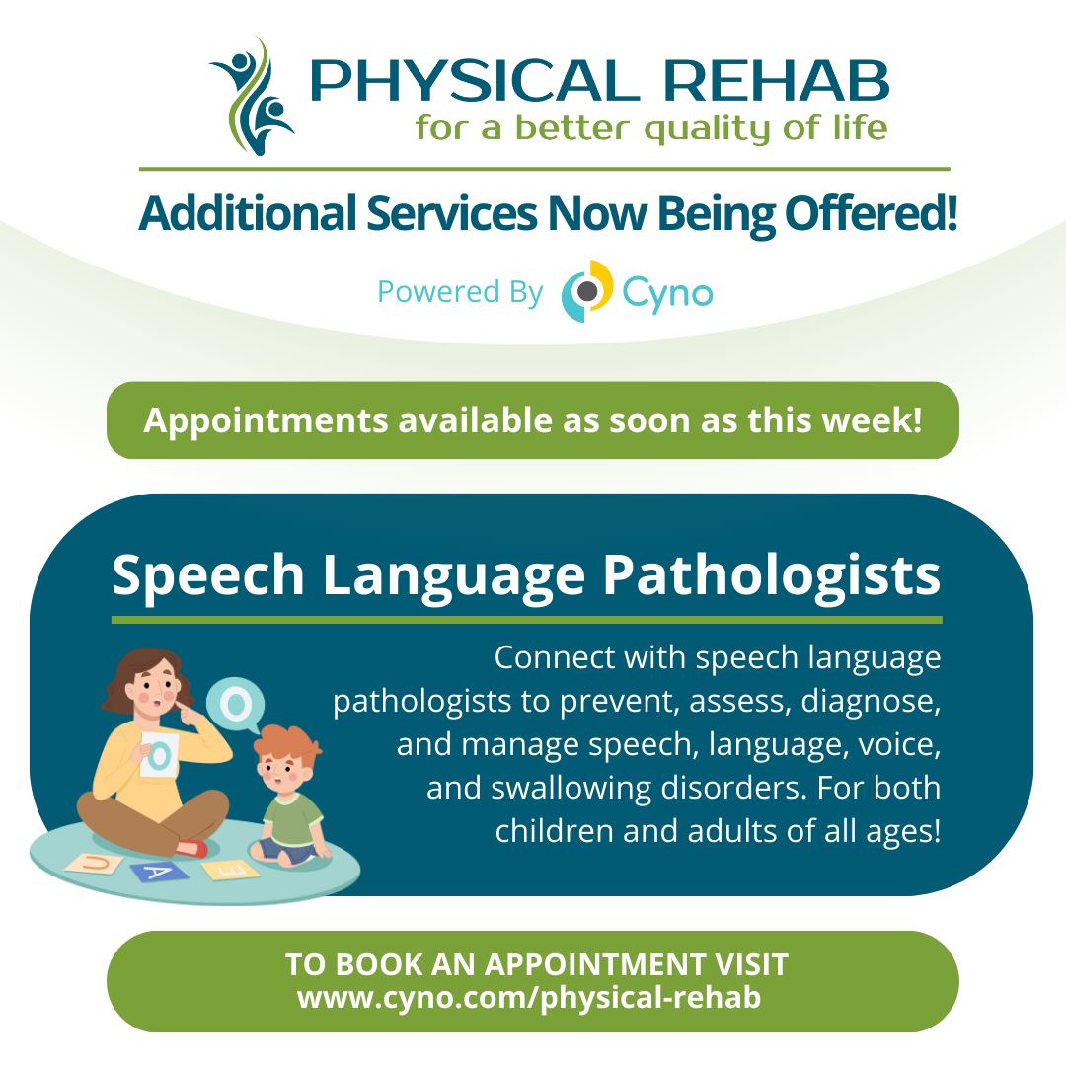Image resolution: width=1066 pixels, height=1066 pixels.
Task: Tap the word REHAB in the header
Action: pyautogui.click(x=776, y=81)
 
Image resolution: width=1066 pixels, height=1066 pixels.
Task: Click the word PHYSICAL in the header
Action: pyautogui.click(x=475, y=81)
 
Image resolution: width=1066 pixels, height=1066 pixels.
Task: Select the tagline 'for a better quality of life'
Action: pyautogui.click(x=650, y=128)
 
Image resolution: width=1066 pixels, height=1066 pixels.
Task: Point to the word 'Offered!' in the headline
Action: pyautogui.click(x=871, y=213)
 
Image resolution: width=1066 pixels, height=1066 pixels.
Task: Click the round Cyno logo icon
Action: pyautogui.click(x=586, y=291)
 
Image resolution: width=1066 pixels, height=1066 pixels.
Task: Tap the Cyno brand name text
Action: pyautogui.click(x=667, y=294)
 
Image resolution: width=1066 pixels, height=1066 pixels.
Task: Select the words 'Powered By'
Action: pyautogui.click(x=460, y=291)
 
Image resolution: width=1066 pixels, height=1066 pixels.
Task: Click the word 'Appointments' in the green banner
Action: pyautogui.click(x=266, y=421)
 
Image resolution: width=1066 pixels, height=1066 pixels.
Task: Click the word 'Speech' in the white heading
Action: pyautogui.click(x=208, y=575)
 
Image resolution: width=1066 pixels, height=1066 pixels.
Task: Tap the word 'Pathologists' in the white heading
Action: pyautogui.click(x=772, y=575)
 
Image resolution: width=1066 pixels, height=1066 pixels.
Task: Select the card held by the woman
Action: pyautogui.click(x=160, y=754)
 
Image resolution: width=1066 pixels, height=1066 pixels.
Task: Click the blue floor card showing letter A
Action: pyautogui.click(x=159, y=871)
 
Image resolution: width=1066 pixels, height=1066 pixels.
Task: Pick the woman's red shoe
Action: pyautogui.click(x=191, y=849)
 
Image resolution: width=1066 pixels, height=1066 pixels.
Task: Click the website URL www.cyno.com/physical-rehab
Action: pyautogui.click(x=529, y=998)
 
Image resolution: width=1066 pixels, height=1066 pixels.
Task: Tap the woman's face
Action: pyautogui.click(x=155, y=691)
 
